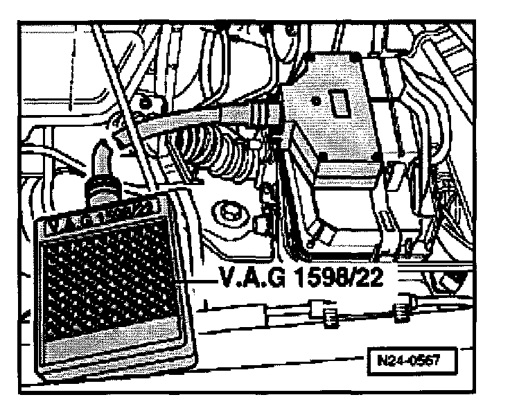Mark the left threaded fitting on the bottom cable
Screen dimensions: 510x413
(331, 316)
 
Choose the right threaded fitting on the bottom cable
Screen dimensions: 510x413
(401, 313)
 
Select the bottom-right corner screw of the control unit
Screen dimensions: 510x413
(375, 159)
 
